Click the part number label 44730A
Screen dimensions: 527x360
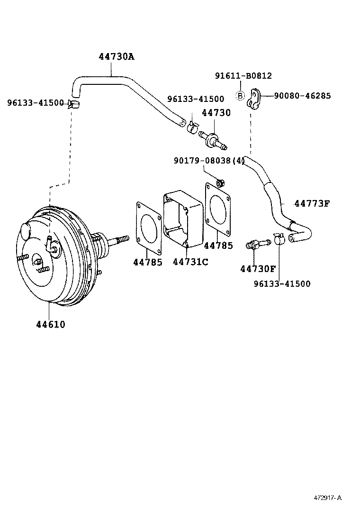point(116,57)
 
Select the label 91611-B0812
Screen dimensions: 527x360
point(243,76)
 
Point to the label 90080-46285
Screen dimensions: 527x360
point(302,96)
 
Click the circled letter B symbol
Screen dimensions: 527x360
point(240,96)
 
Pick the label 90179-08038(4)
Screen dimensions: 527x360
point(209,161)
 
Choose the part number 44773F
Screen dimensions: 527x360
point(311,204)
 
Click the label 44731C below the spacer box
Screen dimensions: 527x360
point(190,262)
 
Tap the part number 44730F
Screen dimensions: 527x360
point(258,269)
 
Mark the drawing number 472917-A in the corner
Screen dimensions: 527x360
point(327,498)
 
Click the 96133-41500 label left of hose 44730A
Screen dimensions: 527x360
point(36,102)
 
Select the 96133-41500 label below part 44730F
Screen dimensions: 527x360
point(282,284)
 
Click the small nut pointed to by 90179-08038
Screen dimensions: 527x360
point(220,182)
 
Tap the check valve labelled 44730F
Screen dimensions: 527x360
point(256,245)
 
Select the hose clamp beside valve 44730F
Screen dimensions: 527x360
point(279,238)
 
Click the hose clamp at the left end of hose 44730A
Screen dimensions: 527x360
point(73,104)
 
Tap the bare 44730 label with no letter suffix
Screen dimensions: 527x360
point(216,113)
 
